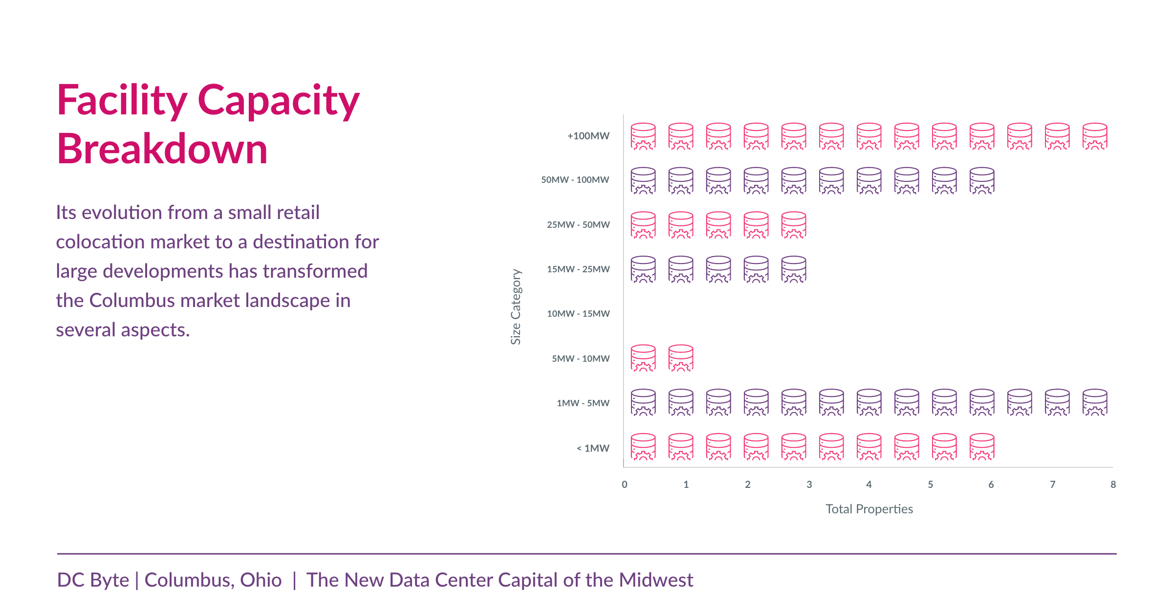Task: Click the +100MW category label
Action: tap(588, 136)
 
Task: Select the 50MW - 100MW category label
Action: tap(575, 180)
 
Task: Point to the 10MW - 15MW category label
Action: tap(578, 314)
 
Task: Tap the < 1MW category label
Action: tap(592, 448)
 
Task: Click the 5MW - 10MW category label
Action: tap(581, 359)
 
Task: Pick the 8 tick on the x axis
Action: tap(1113, 484)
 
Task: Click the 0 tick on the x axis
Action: tap(625, 484)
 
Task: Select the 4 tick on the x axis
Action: tap(869, 484)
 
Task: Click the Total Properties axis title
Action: tap(869, 509)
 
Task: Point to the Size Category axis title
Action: tap(516, 307)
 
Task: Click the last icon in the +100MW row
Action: tap(1095, 136)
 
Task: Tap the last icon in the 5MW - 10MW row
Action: tap(681, 358)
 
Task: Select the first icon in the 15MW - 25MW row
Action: tap(643, 269)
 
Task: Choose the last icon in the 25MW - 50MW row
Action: tap(794, 225)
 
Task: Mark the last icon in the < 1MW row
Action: tap(982, 447)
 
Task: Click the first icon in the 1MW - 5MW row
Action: tap(643, 403)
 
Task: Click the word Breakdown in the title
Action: tap(162, 149)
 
